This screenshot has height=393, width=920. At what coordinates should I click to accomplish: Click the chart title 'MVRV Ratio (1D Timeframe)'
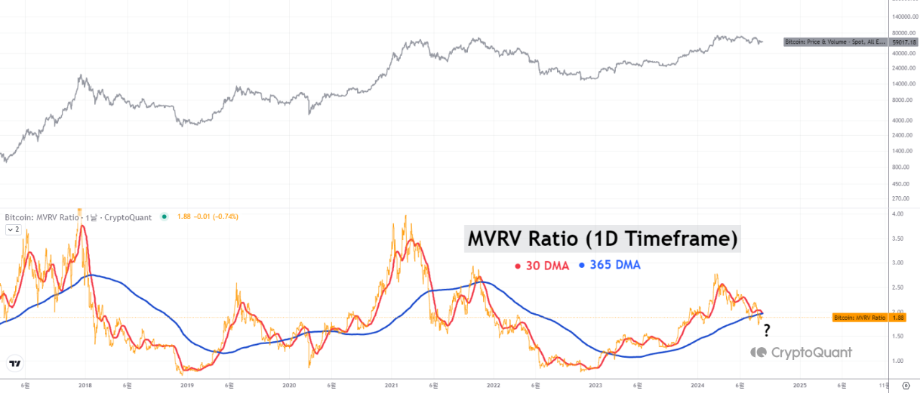[x=602, y=239]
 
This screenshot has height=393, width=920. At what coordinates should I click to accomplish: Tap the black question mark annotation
[x=767, y=330]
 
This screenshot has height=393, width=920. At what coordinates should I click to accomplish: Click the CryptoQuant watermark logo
[x=801, y=352]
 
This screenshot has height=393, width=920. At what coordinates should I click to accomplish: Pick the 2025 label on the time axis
[x=799, y=386]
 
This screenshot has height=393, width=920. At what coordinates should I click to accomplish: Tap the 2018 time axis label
[x=85, y=386]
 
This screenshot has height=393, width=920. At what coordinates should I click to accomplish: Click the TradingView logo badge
[x=14, y=364]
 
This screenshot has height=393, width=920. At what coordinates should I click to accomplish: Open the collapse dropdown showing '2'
[x=13, y=230]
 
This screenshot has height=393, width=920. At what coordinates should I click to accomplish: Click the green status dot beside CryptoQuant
[x=165, y=217]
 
